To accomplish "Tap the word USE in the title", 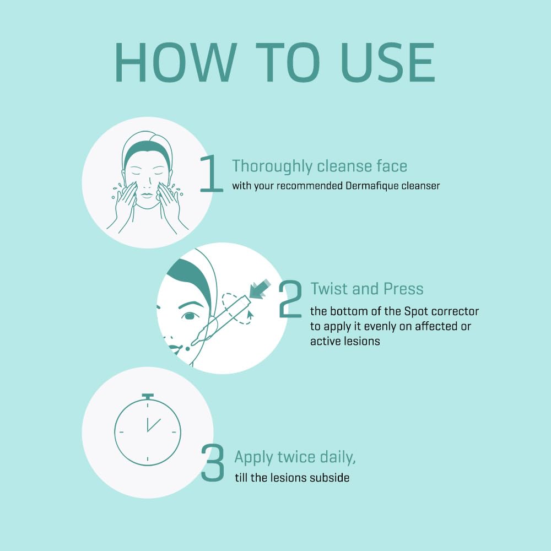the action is click(x=388, y=63).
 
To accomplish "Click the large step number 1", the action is click(x=211, y=174).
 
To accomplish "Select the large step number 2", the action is click(x=290, y=299).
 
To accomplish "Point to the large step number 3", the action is click(x=213, y=462).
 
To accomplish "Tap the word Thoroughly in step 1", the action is click(x=272, y=166).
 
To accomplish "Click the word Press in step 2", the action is click(x=403, y=289).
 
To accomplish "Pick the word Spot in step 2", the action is click(x=416, y=312).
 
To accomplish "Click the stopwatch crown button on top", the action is click(x=148, y=397).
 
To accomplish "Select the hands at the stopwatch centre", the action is click(x=153, y=424).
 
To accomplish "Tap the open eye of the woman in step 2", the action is click(x=190, y=316).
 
